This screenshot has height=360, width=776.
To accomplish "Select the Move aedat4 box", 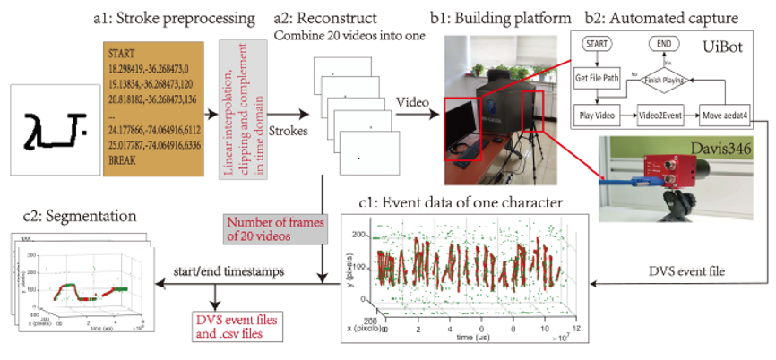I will click(x=725, y=116).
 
